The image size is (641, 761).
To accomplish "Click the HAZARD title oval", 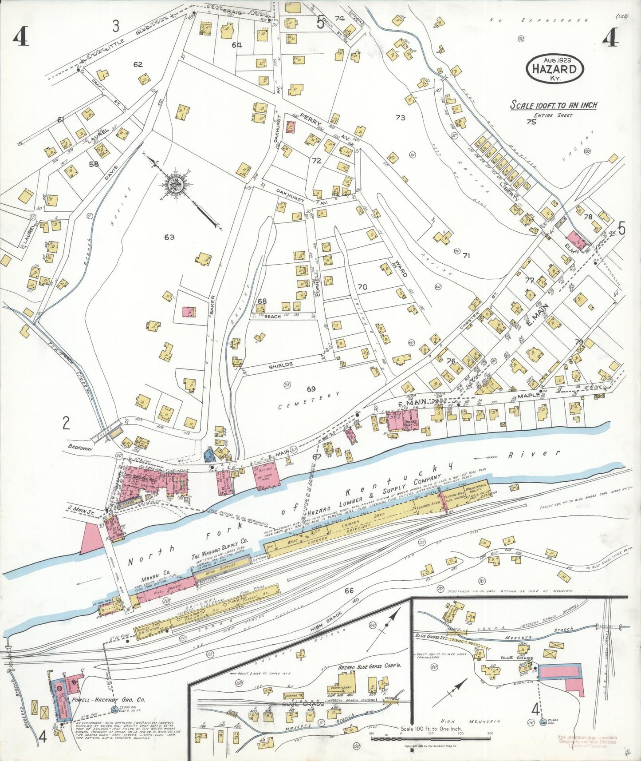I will [554, 69].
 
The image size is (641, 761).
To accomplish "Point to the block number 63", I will [169, 237].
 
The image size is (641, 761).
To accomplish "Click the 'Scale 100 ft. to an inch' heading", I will [553, 105].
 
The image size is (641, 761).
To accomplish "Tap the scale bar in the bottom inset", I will [430, 739].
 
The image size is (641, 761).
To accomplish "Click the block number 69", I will [311, 389].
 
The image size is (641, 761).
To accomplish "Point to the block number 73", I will [400, 117].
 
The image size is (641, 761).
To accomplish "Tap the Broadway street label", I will [80, 448].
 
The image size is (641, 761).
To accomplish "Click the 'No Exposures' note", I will [539, 20].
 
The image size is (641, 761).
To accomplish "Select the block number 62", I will [138, 64].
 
